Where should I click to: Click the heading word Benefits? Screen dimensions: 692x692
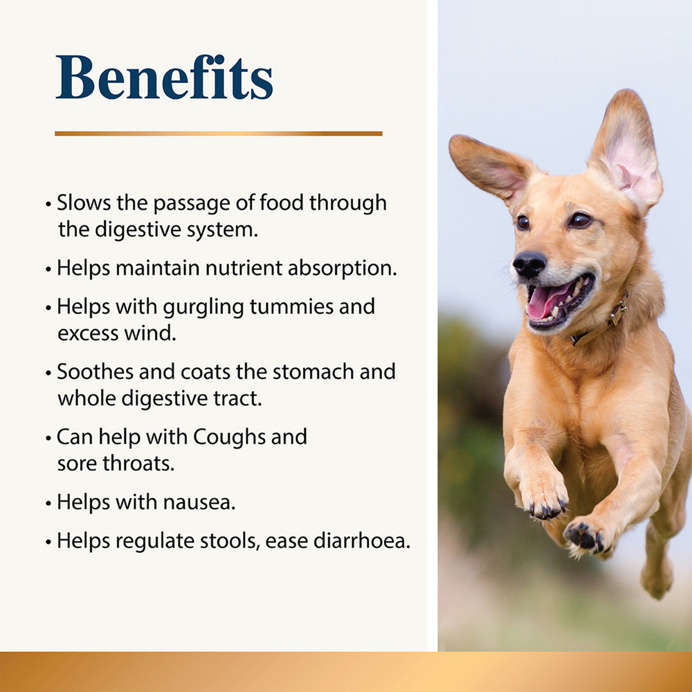pos(164,78)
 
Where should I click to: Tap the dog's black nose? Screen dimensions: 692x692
pos(529,264)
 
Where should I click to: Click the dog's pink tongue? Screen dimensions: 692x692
pos(545,302)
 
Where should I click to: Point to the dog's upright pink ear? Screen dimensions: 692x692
pos(627,150)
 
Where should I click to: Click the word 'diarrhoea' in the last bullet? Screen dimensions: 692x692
pos(362,540)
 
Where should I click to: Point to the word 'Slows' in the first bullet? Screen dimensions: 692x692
pos(84,203)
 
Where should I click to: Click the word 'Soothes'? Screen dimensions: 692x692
pos(95,372)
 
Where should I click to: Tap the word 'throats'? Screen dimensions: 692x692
pos(138,464)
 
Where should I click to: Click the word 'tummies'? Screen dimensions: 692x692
pos(292,307)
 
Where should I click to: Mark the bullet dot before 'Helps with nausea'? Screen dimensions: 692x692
pos(48,503)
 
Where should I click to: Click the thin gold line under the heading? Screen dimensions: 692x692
pos(219,134)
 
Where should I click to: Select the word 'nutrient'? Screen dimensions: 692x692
pos(243,268)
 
